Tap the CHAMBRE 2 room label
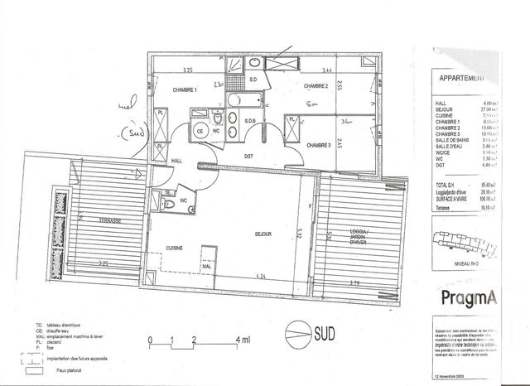[316, 86]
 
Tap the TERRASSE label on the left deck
[107, 221]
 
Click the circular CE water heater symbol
[200, 130]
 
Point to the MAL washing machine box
[195, 267]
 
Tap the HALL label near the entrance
[176, 161]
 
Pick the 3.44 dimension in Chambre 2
[326, 72]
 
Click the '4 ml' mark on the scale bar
[243, 340]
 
